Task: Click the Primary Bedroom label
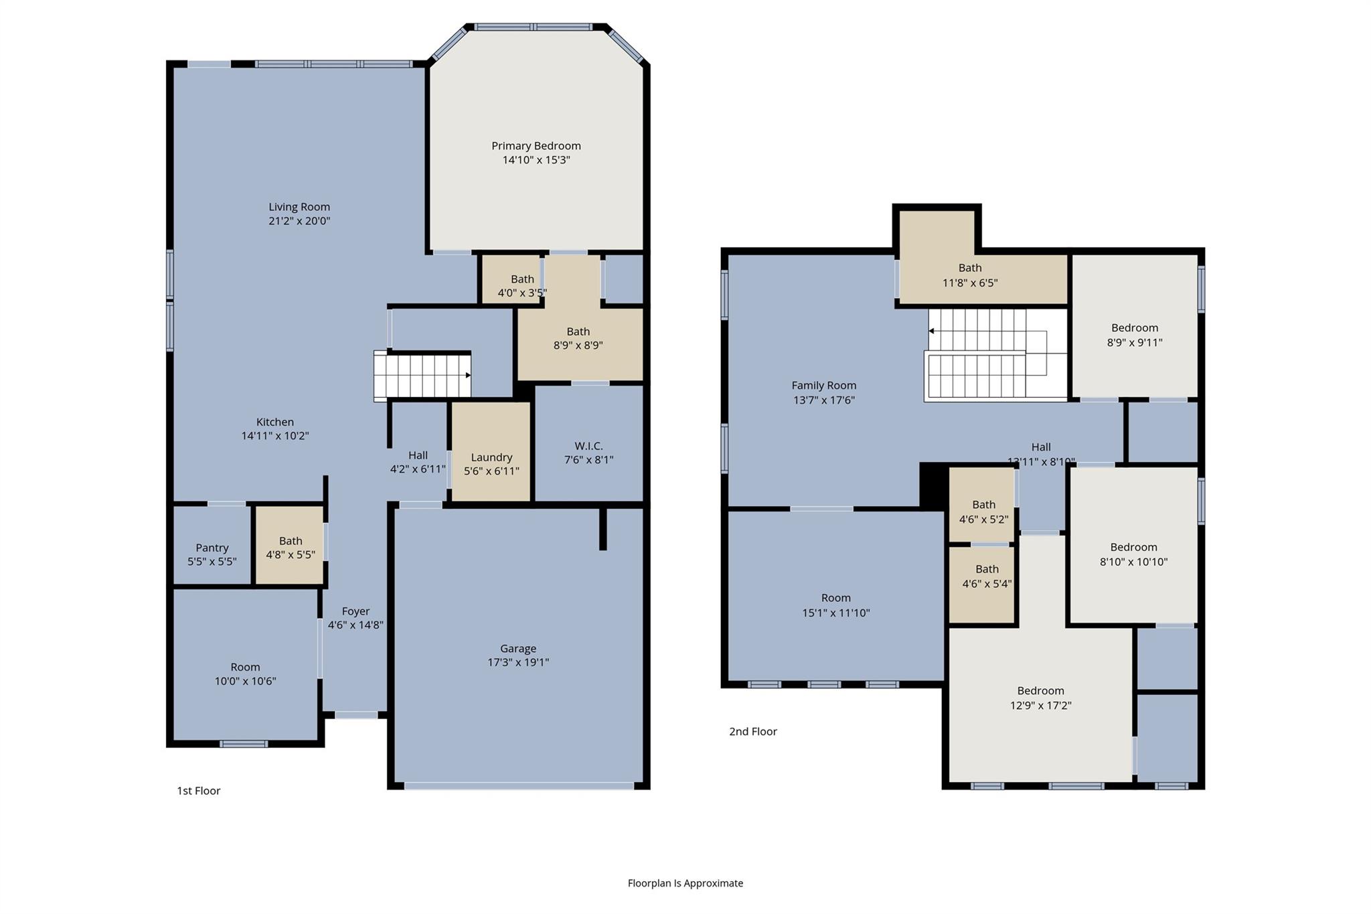536,146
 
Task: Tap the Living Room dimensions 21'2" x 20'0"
299,221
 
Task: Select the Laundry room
491,457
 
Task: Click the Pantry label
212,548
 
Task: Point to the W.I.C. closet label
588,446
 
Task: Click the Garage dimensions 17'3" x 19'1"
518,662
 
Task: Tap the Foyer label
355,611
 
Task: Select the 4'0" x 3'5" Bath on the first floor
522,286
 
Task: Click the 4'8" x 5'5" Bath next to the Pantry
291,548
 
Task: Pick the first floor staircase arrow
468,376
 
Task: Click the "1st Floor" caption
198,791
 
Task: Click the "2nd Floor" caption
752,732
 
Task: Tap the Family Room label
823,386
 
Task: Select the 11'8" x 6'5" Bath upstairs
969,275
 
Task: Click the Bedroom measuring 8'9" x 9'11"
1134,335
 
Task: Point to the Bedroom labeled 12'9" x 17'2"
1040,698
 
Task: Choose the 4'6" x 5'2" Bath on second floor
983,512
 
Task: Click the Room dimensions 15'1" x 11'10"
835,613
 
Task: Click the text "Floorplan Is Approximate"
685,883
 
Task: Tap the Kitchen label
274,422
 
